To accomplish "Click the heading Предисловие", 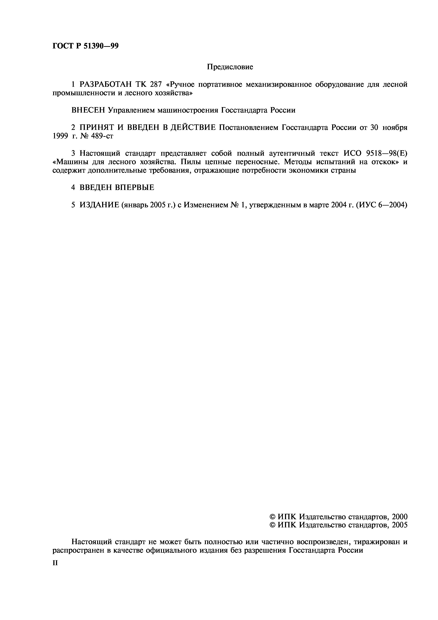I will [x=230, y=67].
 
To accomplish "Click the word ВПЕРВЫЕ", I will [x=134, y=188].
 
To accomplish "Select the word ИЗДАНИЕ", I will [x=99, y=205].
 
